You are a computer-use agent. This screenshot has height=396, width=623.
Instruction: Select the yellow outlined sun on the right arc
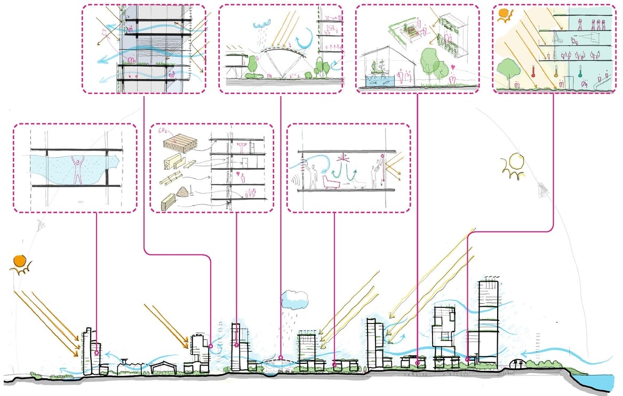[x=514, y=162]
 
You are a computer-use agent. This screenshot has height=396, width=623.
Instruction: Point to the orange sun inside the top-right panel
[x=504, y=14]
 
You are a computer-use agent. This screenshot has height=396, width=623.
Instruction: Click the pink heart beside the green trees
[x=452, y=69]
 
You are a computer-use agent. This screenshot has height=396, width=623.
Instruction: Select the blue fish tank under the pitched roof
[x=378, y=80]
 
